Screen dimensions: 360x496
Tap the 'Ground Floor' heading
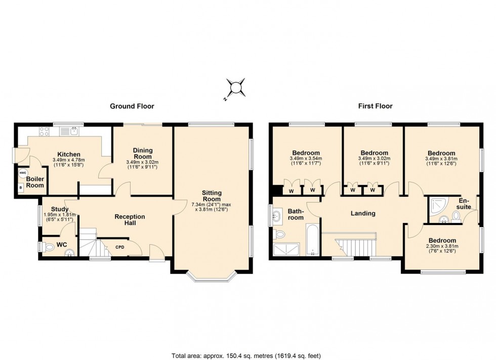tap(132, 106)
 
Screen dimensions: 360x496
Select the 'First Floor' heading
tap(376, 106)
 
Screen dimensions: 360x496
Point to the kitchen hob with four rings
tap(43, 131)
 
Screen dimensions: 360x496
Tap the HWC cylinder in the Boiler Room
tap(22, 173)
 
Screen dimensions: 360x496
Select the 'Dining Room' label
tap(142, 153)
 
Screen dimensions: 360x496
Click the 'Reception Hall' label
tap(130, 220)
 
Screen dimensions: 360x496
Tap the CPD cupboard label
tap(120, 247)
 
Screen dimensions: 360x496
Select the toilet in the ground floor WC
tap(49, 247)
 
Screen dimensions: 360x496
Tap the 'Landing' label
tap(363, 213)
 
